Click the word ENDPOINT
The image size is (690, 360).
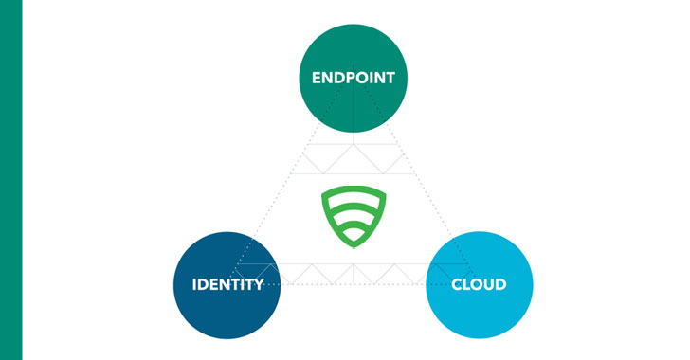tap(353, 78)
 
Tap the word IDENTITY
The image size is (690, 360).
tap(227, 284)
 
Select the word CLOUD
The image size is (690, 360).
tap(478, 284)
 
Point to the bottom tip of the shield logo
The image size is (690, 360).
tap(353, 246)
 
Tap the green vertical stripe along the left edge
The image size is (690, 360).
tap(10, 180)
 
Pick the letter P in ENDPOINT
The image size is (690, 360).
tap(349, 78)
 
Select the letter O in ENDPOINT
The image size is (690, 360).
tap(361, 78)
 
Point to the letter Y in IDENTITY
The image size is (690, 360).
tap(259, 284)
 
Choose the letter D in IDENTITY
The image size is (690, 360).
tap(204, 284)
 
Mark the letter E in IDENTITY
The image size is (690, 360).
tap(215, 284)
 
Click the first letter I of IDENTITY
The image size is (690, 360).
tap(194, 284)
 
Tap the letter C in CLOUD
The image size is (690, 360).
tap(457, 284)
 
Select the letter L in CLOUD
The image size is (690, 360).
tap(467, 284)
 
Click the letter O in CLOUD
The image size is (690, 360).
tap(478, 284)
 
